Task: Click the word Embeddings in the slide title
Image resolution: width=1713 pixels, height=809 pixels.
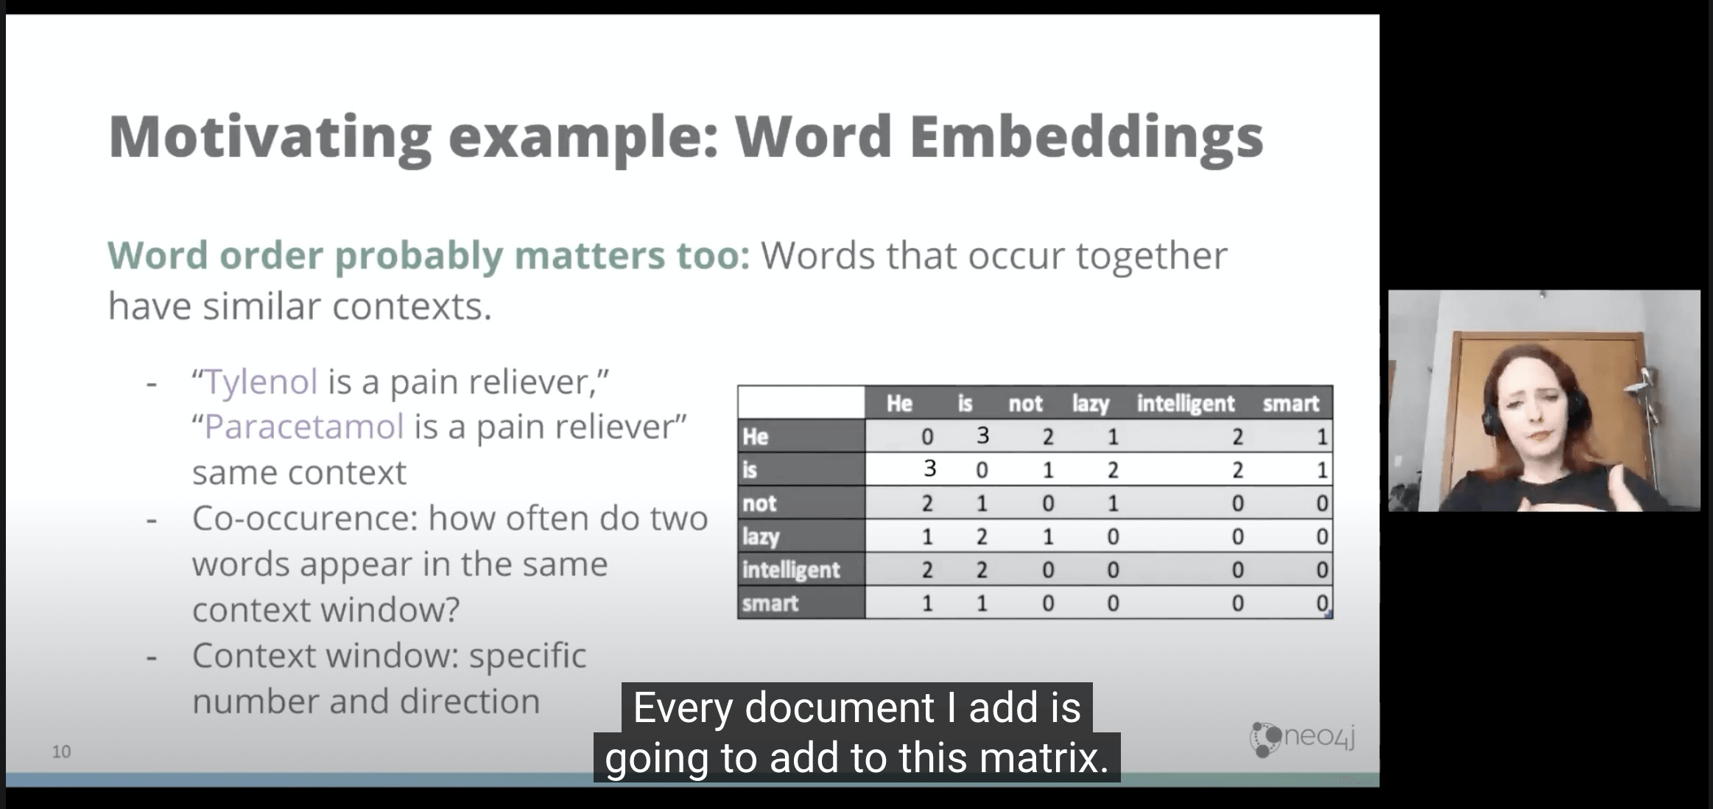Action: (x=1087, y=139)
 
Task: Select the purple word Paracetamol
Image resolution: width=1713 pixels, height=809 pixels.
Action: (x=304, y=427)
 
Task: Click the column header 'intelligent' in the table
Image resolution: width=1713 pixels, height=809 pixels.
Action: (x=1185, y=404)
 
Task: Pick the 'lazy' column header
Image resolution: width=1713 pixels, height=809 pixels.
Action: (x=1091, y=404)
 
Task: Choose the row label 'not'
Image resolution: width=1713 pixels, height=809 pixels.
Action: (x=759, y=503)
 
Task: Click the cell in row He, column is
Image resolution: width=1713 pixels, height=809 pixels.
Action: (x=982, y=436)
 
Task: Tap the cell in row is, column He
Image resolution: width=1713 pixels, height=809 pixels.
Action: (x=929, y=469)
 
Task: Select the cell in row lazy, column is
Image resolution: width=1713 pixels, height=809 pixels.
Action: (x=982, y=536)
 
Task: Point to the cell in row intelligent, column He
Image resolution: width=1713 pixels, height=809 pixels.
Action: (x=927, y=570)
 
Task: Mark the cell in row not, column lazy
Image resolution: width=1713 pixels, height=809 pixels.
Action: (x=1113, y=503)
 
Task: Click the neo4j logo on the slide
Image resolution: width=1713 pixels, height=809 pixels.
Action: (x=1303, y=738)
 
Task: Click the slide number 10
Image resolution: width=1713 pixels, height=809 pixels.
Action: (x=61, y=752)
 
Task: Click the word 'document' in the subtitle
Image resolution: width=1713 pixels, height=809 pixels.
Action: (x=840, y=707)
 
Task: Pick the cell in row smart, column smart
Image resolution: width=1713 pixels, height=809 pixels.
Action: (x=1322, y=603)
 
